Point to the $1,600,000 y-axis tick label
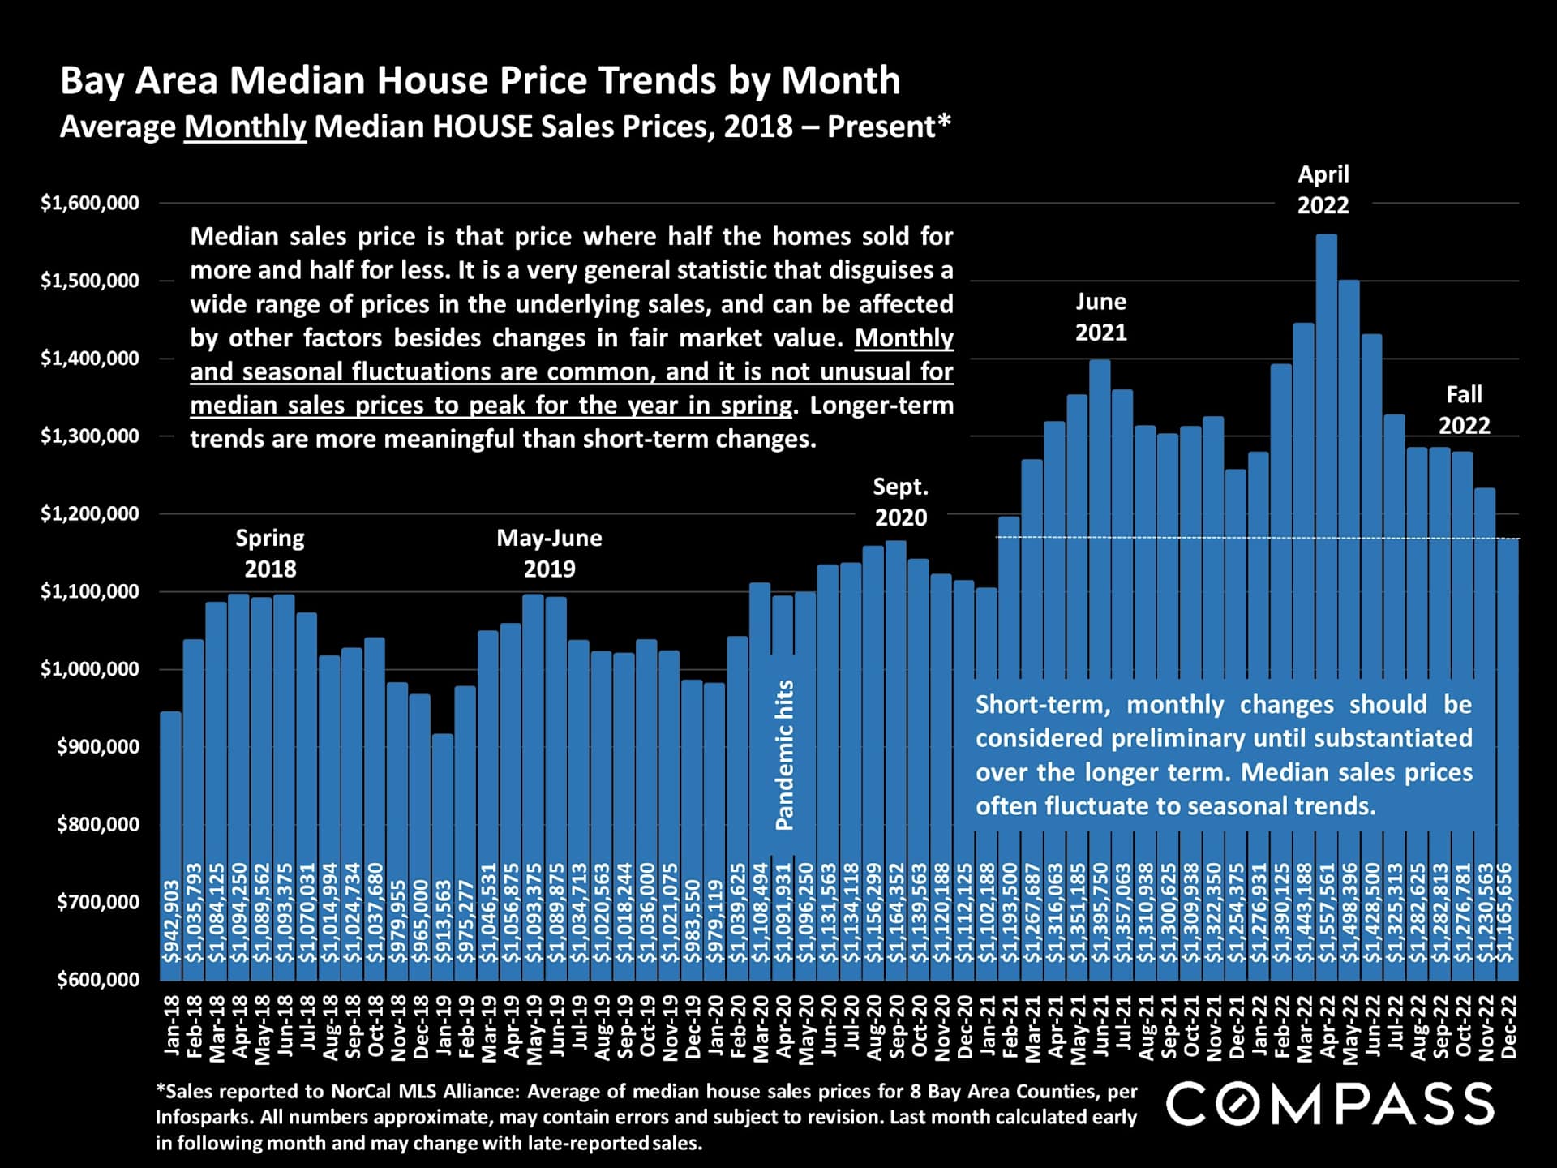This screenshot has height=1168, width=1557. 90,203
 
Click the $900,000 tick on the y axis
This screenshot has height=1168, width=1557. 98,747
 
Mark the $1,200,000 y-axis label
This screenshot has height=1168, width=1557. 90,513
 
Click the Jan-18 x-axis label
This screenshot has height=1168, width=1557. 172,1026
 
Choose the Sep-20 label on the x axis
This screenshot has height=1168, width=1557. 896,1026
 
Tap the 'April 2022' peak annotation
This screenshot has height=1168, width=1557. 1323,189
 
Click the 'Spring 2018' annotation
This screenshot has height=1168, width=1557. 270,553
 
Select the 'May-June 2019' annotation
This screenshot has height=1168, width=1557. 549,553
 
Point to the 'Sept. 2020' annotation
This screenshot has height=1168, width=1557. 900,502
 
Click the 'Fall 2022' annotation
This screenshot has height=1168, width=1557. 1464,410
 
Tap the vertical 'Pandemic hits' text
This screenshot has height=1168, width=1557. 784,754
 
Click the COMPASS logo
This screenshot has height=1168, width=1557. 1330,1105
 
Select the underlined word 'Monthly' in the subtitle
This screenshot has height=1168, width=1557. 245,127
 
